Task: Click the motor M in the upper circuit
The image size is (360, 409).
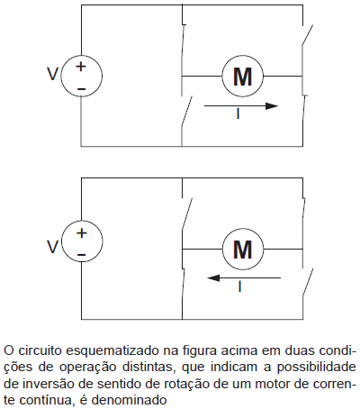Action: click(x=243, y=77)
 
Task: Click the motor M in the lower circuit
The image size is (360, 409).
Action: click(x=243, y=249)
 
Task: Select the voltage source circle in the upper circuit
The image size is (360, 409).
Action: click(x=81, y=77)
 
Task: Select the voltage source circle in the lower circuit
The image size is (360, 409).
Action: click(x=82, y=241)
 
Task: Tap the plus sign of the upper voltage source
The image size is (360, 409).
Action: click(x=81, y=67)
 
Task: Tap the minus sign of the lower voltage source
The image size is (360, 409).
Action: click(x=82, y=256)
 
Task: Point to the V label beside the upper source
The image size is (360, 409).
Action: click(x=53, y=74)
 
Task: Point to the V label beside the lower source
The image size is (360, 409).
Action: click(x=53, y=247)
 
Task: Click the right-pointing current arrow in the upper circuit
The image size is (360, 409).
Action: click(x=241, y=105)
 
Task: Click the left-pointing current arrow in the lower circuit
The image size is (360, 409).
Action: click(x=244, y=278)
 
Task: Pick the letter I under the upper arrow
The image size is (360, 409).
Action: click(x=238, y=114)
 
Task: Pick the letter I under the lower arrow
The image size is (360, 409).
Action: click(x=239, y=286)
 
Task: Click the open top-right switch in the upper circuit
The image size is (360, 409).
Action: click(x=307, y=35)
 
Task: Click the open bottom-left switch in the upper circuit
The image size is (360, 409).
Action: click(x=186, y=112)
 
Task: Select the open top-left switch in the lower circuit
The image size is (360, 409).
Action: click(x=187, y=214)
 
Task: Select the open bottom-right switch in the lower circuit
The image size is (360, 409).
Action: click(x=308, y=283)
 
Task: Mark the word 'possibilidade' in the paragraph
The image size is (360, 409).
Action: click(x=317, y=367)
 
